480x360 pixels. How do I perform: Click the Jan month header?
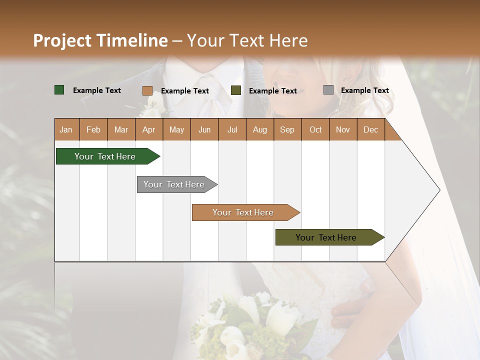click(x=66, y=129)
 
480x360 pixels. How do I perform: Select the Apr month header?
click(x=148, y=129)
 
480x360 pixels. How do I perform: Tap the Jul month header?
click(x=232, y=129)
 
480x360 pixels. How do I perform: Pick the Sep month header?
click(x=287, y=129)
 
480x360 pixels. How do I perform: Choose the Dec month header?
click(x=370, y=129)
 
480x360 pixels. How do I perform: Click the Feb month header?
click(x=93, y=129)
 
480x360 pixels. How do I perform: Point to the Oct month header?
click(x=315, y=129)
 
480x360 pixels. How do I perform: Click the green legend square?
click(x=59, y=90)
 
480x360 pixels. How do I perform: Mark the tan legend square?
click(x=147, y=90)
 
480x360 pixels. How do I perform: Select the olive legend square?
click(x=236, y=90)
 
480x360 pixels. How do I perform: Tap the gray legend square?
click(x=328, y=90)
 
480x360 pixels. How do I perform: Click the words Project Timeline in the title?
click(x=100, y=40)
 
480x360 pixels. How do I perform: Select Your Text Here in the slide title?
click(x=247, y=40)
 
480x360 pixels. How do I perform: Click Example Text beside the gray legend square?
click(x=364, y=90)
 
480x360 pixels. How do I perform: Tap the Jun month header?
click(x=204, y=129)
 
